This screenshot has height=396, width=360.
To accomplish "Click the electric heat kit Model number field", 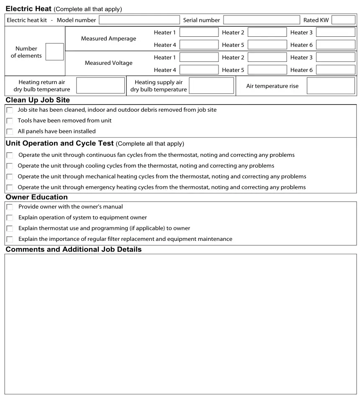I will tap(139, 20).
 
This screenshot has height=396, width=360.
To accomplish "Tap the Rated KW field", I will tap(343, 20).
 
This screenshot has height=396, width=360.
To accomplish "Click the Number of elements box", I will tap(54, 52).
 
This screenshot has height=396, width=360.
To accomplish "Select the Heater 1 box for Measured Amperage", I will tap(199, 32).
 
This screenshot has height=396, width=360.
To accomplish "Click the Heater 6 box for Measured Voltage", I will tap(335, 70).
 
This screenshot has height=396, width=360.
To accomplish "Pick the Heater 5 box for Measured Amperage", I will tap(267, 45).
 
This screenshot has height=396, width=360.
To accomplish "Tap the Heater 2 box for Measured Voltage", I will tap(267, 57).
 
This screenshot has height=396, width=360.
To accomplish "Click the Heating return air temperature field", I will tap(100, 85).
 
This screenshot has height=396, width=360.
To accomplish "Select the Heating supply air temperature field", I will tap(211, 85).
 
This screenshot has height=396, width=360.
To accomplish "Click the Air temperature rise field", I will tap(331, 85).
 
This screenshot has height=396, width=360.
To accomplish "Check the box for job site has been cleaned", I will tap(10, 110).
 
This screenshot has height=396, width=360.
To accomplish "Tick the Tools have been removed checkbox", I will tap(10, 121).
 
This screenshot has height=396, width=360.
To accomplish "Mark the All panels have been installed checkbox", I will tap(10, 131).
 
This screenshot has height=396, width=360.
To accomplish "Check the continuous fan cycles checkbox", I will tap(10, 155).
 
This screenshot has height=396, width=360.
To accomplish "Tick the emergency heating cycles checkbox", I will tap(10, 187).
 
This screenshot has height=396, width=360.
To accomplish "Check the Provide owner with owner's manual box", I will tap(10, 207).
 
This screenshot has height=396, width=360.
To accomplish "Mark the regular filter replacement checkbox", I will tap(10, 239).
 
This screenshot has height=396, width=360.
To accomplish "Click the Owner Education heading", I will tap(37, 197).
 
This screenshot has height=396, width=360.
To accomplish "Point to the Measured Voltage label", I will tap(108, 63).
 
